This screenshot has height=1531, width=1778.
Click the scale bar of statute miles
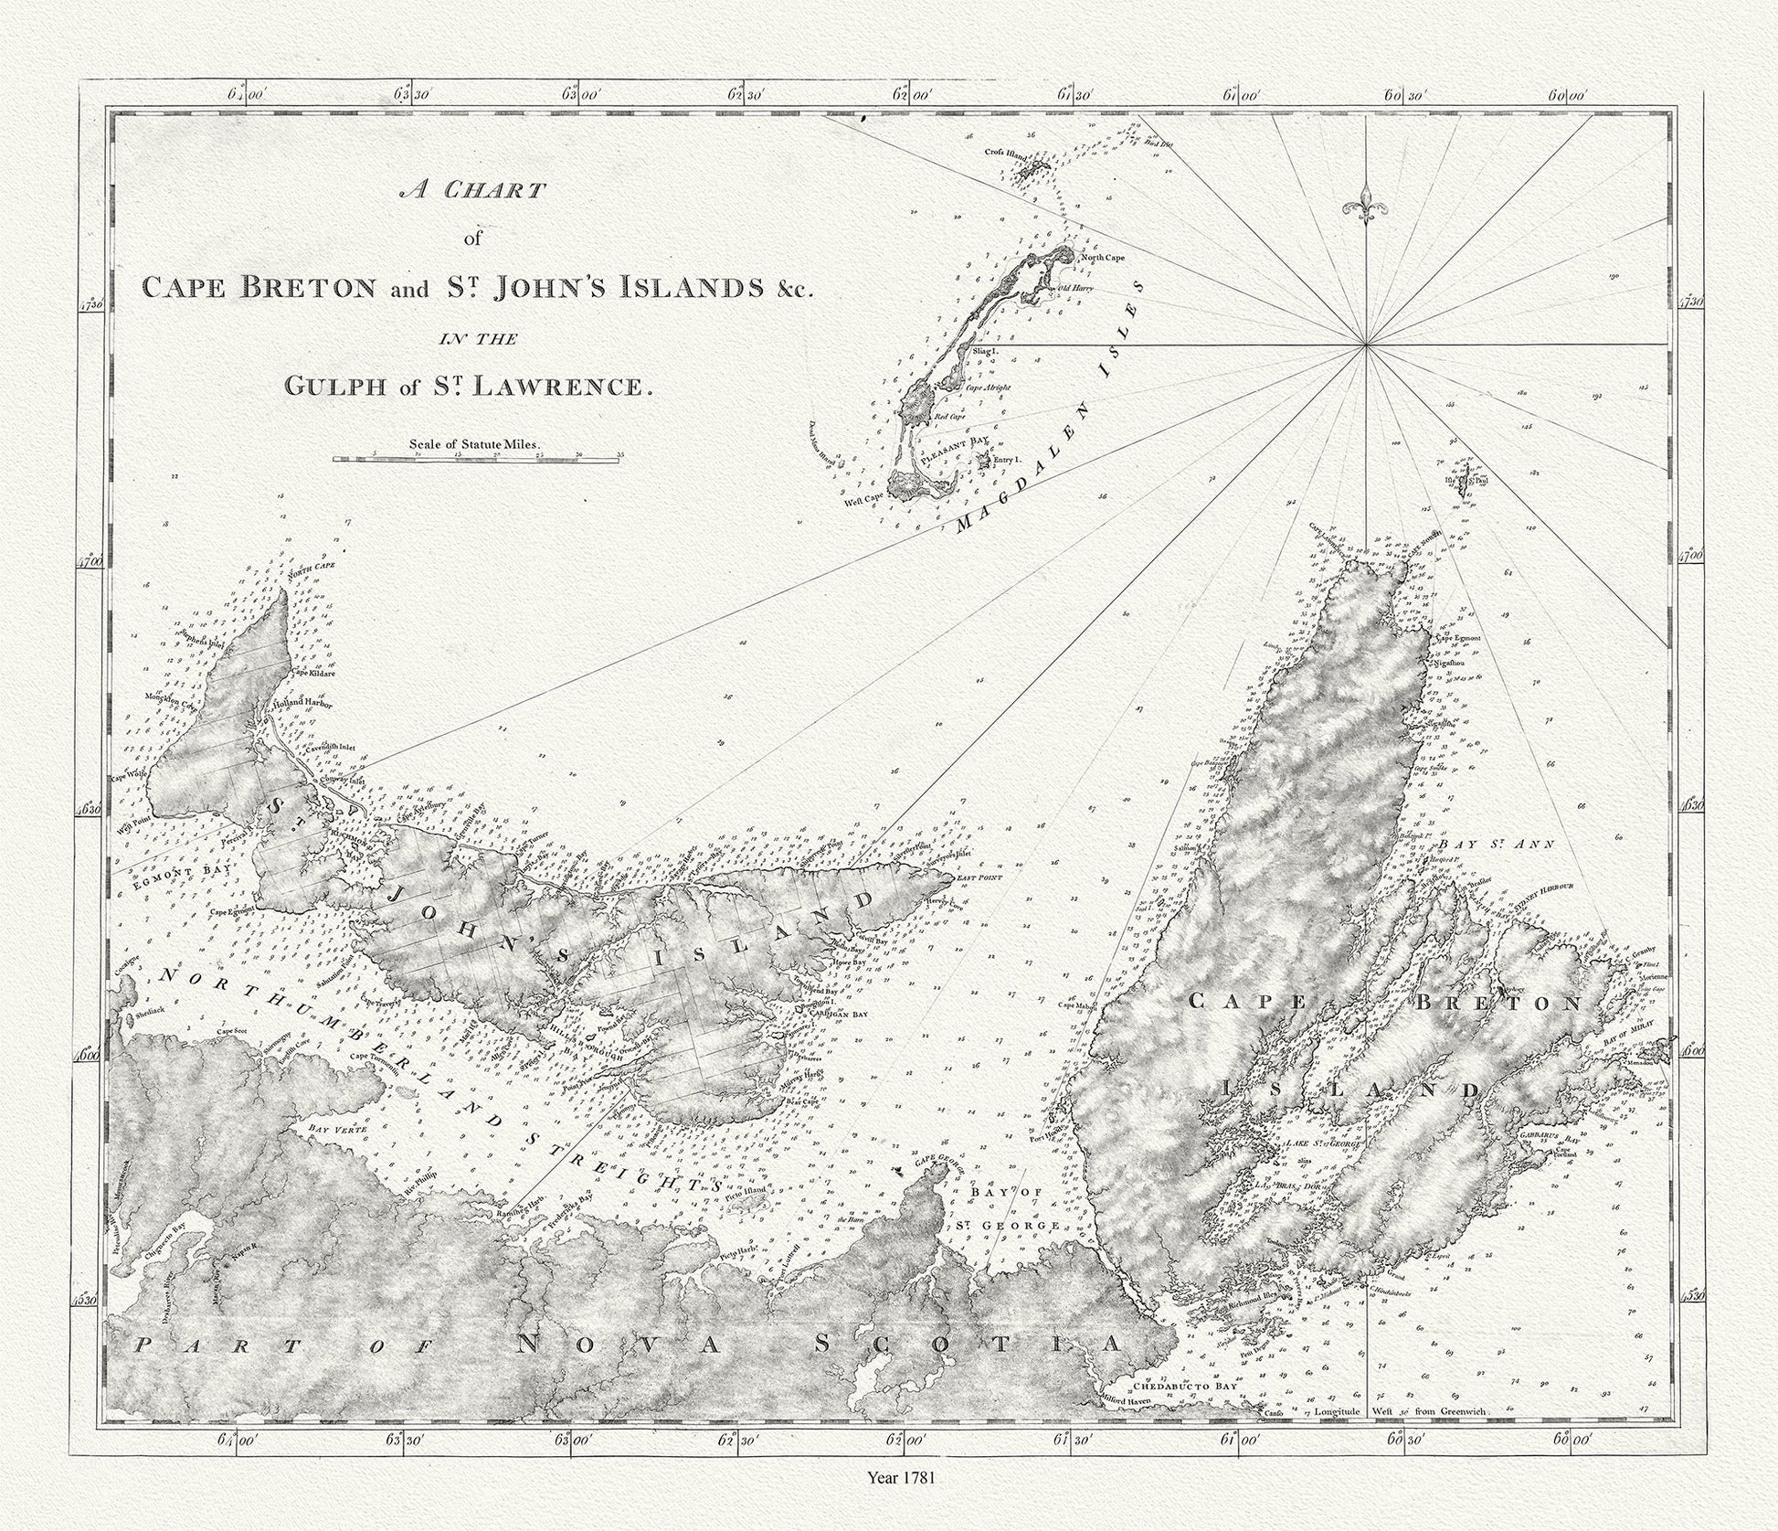(x=476, y=460)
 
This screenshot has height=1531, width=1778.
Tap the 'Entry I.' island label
(x=1006, y=462)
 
